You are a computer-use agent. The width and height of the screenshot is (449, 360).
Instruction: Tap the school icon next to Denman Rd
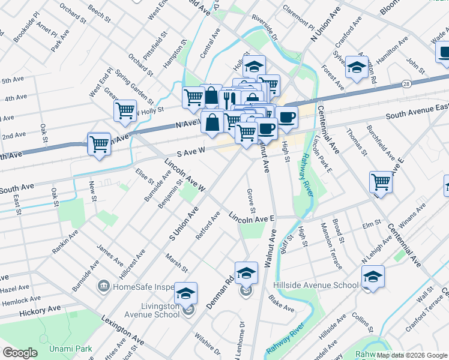[x=246, y=274]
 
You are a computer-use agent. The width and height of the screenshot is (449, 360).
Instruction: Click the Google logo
[x=20, y=352]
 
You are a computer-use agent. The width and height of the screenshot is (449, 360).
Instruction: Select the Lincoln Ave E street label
[x=252, y=218]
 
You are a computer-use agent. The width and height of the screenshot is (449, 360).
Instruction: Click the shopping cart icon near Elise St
[x=99, y=143]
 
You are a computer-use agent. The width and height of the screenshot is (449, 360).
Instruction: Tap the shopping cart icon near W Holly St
[x=125, y=110]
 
